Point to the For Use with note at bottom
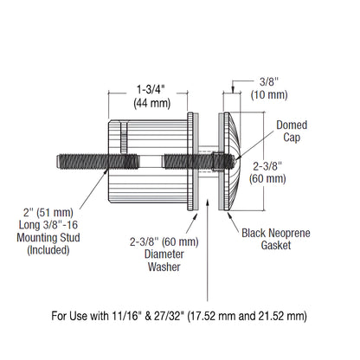(x=180, y=317)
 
